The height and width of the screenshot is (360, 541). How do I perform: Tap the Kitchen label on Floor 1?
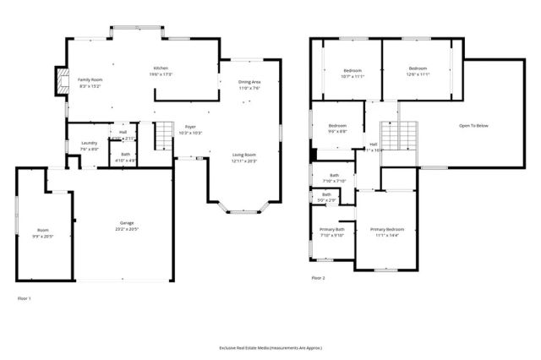click(x=161, y=68)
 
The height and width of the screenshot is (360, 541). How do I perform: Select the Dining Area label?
click(x=249, y=82)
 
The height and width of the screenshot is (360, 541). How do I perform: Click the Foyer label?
click(x=191, y=127)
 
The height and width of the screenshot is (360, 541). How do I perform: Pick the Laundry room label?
click(x=89, y=143)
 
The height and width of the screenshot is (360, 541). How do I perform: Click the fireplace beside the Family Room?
click(x=59, y=79)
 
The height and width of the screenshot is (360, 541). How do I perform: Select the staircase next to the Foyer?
click(x=163, y=134)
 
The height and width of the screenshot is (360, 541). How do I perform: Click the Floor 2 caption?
click(x=318, y=277)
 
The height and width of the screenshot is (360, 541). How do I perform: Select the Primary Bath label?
click(x=332, y=230)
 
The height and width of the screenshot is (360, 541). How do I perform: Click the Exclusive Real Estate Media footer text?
click(x=270, y=348)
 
